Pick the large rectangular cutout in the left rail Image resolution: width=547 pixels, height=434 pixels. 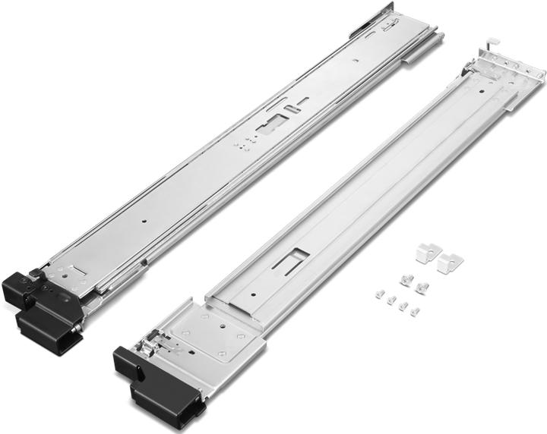click(274, 124)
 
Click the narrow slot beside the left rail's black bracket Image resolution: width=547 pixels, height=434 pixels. click(75, 269)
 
